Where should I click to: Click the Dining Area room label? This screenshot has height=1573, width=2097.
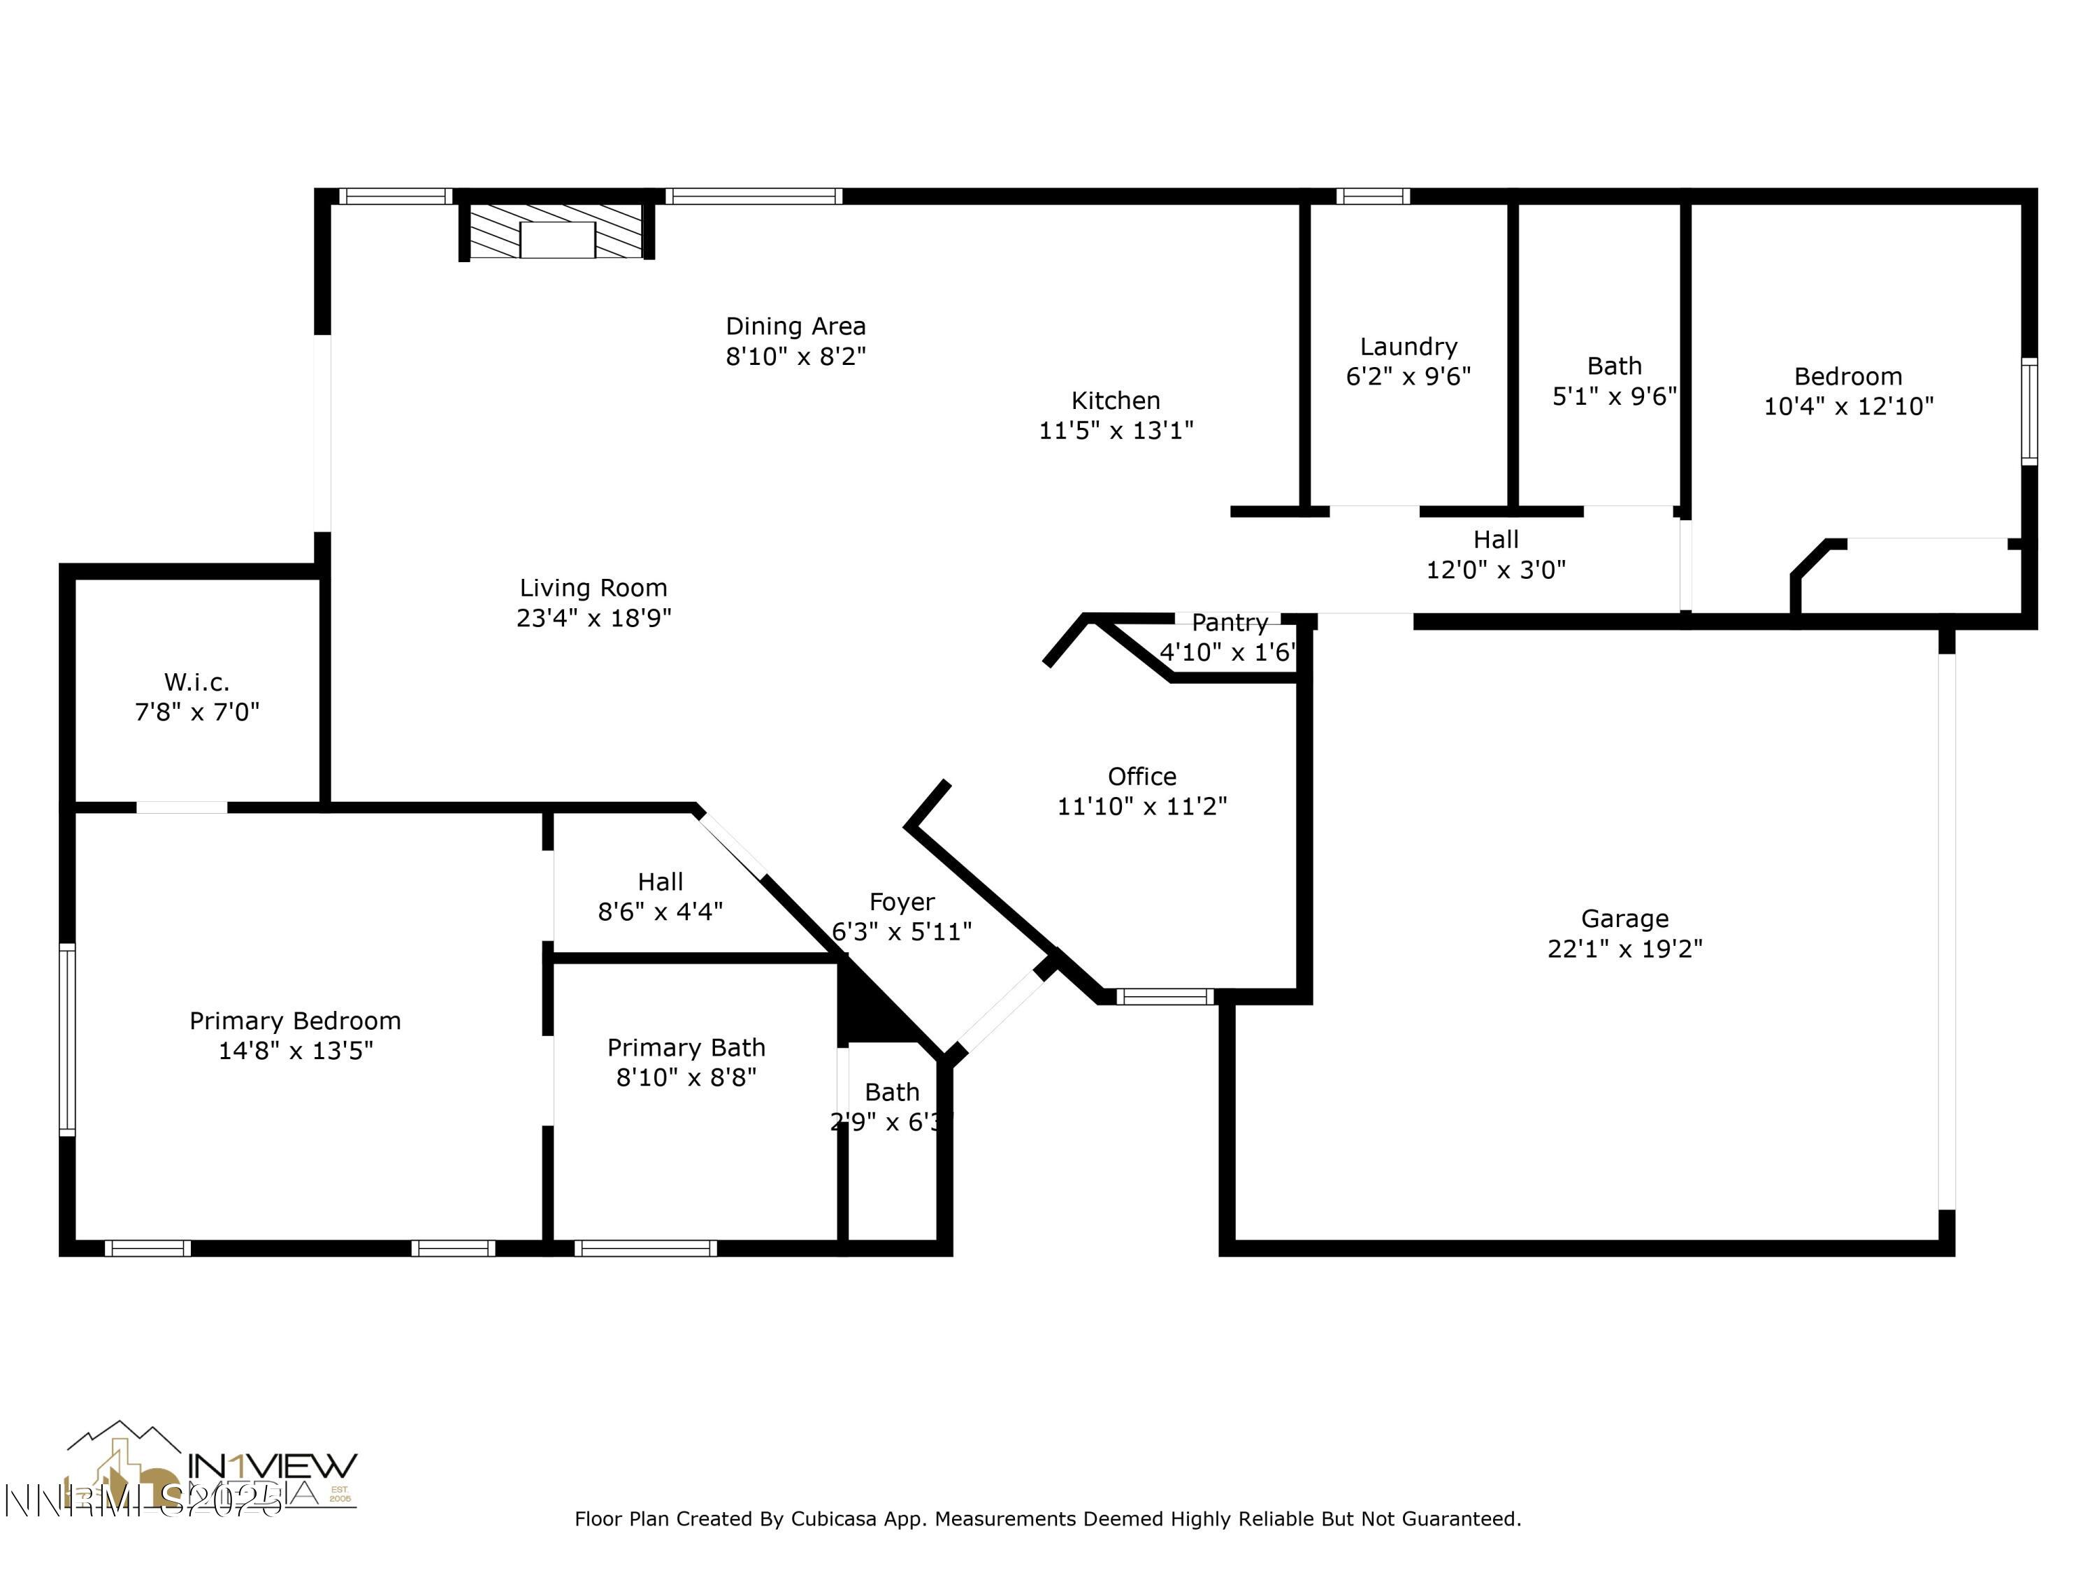pyautogui.click(x=795, y=326)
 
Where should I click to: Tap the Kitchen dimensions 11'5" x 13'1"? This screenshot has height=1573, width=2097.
pyautogui.click(x=1116, y=431)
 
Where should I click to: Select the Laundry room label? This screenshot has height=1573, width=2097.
pyautogui.click(x=1408, y=347)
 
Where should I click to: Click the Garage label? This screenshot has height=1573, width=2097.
pyautogui.click(x=1624, y=918)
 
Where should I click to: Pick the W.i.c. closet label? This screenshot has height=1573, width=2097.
pyautogui.click(x=196, y=682)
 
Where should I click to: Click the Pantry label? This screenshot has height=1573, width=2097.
pyautogui.click(x=1230, y=623)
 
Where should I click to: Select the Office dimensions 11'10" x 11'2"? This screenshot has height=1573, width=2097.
pyautogui.click(x=1141, y=806)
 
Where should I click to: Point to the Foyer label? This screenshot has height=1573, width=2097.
pyautogui.click(x=902, y=902)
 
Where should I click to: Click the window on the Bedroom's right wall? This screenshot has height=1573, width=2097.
pyautogui.click(x=2028, y=410)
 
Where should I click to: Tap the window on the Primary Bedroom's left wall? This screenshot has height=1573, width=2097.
pyautogui.click(x=66, y=1039)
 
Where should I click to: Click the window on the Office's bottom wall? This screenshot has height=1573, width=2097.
pyautogui.click(x=1164, y=996)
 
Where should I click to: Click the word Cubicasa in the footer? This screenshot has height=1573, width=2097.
pyautogui.click(x=831, y=1519)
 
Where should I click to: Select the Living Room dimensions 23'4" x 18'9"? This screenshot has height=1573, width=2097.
pyautogui.click(x=593, y=618)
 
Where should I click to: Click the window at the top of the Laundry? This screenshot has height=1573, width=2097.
pyautogui.click(x=1373, y=196)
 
